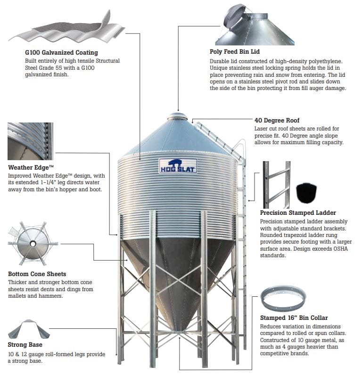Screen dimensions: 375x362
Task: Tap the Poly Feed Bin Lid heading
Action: tap(234, 51)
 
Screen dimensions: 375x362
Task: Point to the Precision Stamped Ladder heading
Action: tap(298, 213)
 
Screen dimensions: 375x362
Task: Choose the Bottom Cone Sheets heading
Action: tap(37, 274)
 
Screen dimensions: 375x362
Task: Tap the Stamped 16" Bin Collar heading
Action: tap(294, 318)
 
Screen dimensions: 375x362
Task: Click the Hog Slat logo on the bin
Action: tap(177, 166)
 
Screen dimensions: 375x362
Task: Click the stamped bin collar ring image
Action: tap(283, 297)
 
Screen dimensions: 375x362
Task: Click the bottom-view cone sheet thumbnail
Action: tap(32, 243)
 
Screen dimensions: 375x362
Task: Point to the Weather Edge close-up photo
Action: tap(31, 141)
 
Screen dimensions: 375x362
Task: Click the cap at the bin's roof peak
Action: tap(177, 115)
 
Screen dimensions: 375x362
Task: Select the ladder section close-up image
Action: tap(276, 184)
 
